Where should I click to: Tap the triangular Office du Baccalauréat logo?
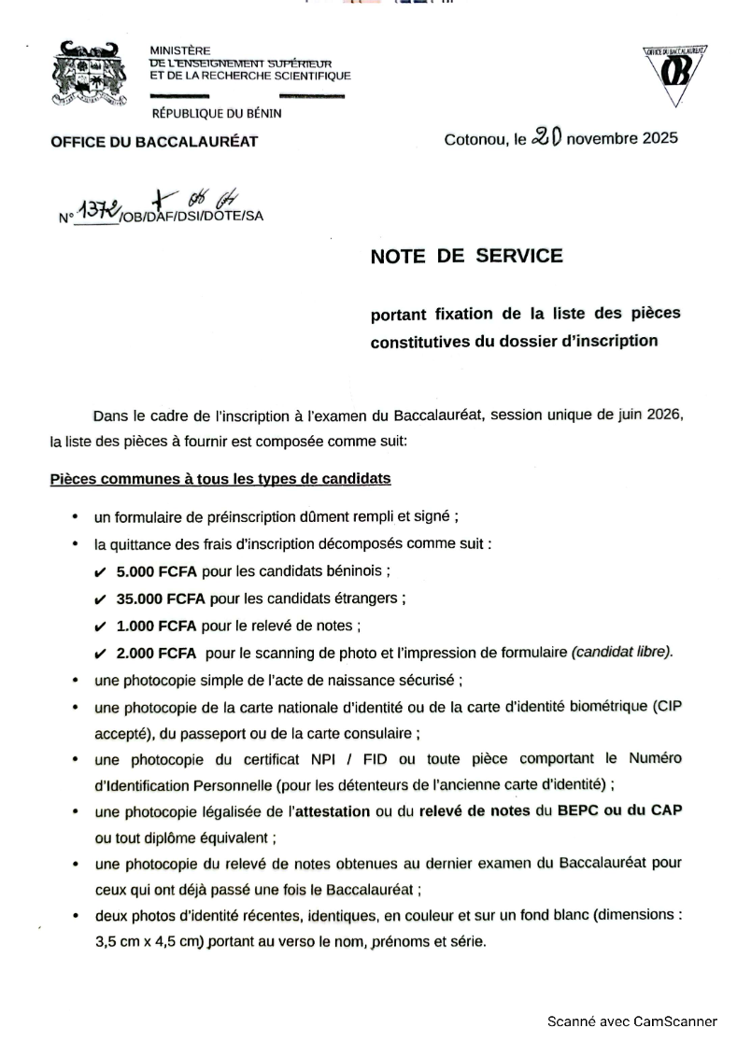[673, 75]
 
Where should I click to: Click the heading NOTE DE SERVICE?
[467, 256]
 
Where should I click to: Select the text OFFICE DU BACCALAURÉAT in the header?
[154, 142]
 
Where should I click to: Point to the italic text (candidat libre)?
[622, 652]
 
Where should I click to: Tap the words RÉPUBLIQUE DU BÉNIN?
[216, 114]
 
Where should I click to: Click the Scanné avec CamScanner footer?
[631, 1021]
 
